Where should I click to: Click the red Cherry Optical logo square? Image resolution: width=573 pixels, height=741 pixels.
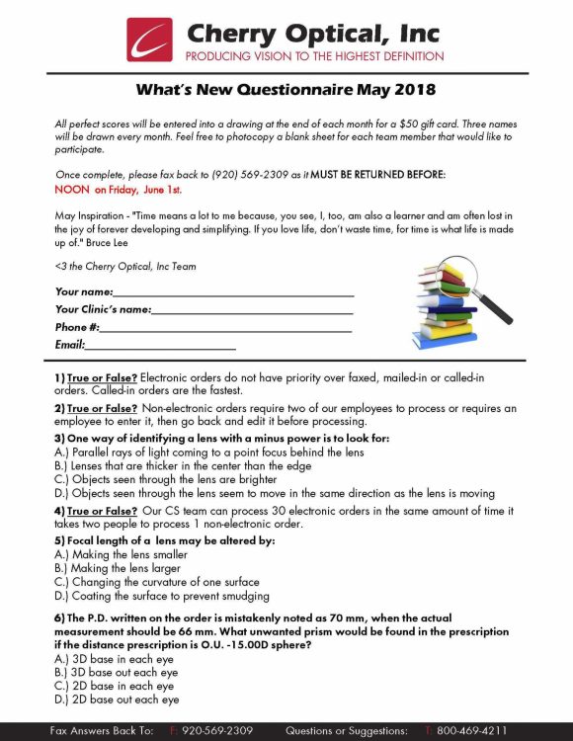(x=149, y=40)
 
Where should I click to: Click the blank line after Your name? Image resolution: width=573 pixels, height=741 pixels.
(x=233, y=292)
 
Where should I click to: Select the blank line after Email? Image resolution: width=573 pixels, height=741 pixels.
(x=161, y=345)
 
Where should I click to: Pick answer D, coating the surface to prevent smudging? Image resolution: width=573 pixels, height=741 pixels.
(x=161, y=596)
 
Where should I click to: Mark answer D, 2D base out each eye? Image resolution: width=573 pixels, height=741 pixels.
(x=117, y=700)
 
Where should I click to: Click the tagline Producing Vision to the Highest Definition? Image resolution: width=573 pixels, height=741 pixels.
(x=314, y=56)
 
